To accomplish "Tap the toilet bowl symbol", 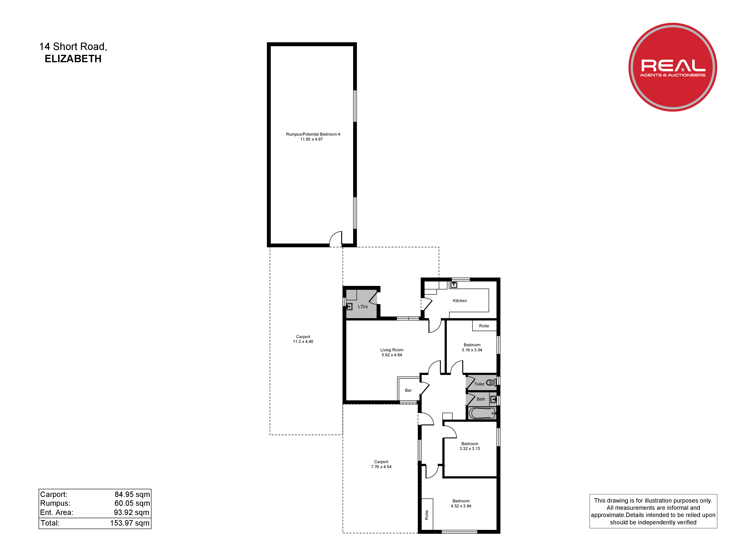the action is click(491, 383).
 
